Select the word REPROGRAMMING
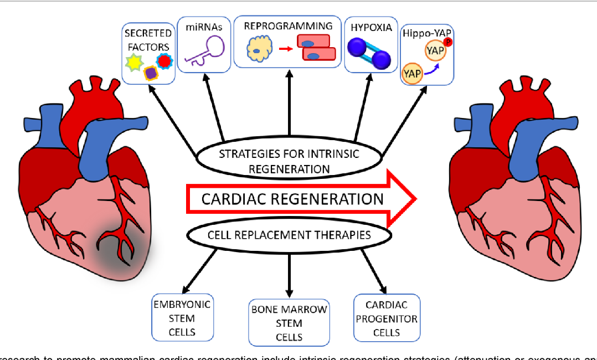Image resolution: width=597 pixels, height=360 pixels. [x=288, y=25]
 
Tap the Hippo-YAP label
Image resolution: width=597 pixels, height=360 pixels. [x=426, y=32]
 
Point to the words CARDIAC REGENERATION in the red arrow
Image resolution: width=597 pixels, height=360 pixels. [x=292, y=199]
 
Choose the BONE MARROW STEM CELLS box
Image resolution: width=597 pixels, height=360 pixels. [x=289, y=323]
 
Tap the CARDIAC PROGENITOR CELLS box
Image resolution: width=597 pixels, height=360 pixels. [x=387, y=318]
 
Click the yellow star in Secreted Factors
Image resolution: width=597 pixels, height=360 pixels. [x=135, y=64]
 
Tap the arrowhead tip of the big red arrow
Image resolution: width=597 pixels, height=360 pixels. [x=415, y=198]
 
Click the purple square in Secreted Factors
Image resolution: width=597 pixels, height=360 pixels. [x=150, y=73]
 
